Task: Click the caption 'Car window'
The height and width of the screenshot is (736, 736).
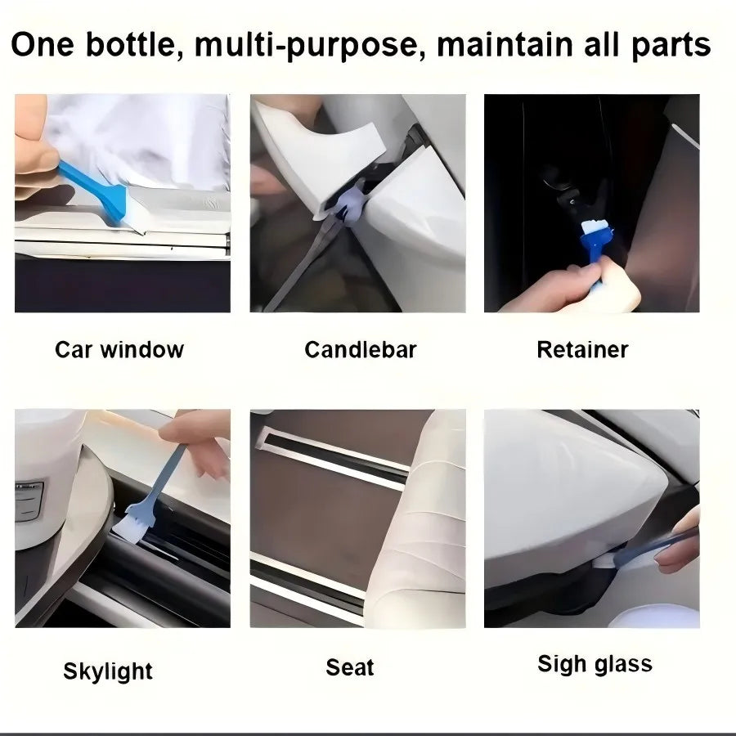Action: click(119, 350)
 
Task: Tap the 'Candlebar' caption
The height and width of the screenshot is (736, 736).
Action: click(361, 350)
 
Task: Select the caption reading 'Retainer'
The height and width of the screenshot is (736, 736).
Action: click(582, 350)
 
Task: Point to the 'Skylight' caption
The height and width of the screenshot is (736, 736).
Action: click(108, 671)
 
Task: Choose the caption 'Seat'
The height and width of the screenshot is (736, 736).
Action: click(350, 667)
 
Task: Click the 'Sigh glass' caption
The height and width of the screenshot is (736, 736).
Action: click(595, 664)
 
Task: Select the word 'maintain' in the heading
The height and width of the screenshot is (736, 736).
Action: click(505, 45)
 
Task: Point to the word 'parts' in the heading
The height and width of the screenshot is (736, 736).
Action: click(671, 46)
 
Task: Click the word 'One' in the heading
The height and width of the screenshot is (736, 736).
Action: click(43, 45)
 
